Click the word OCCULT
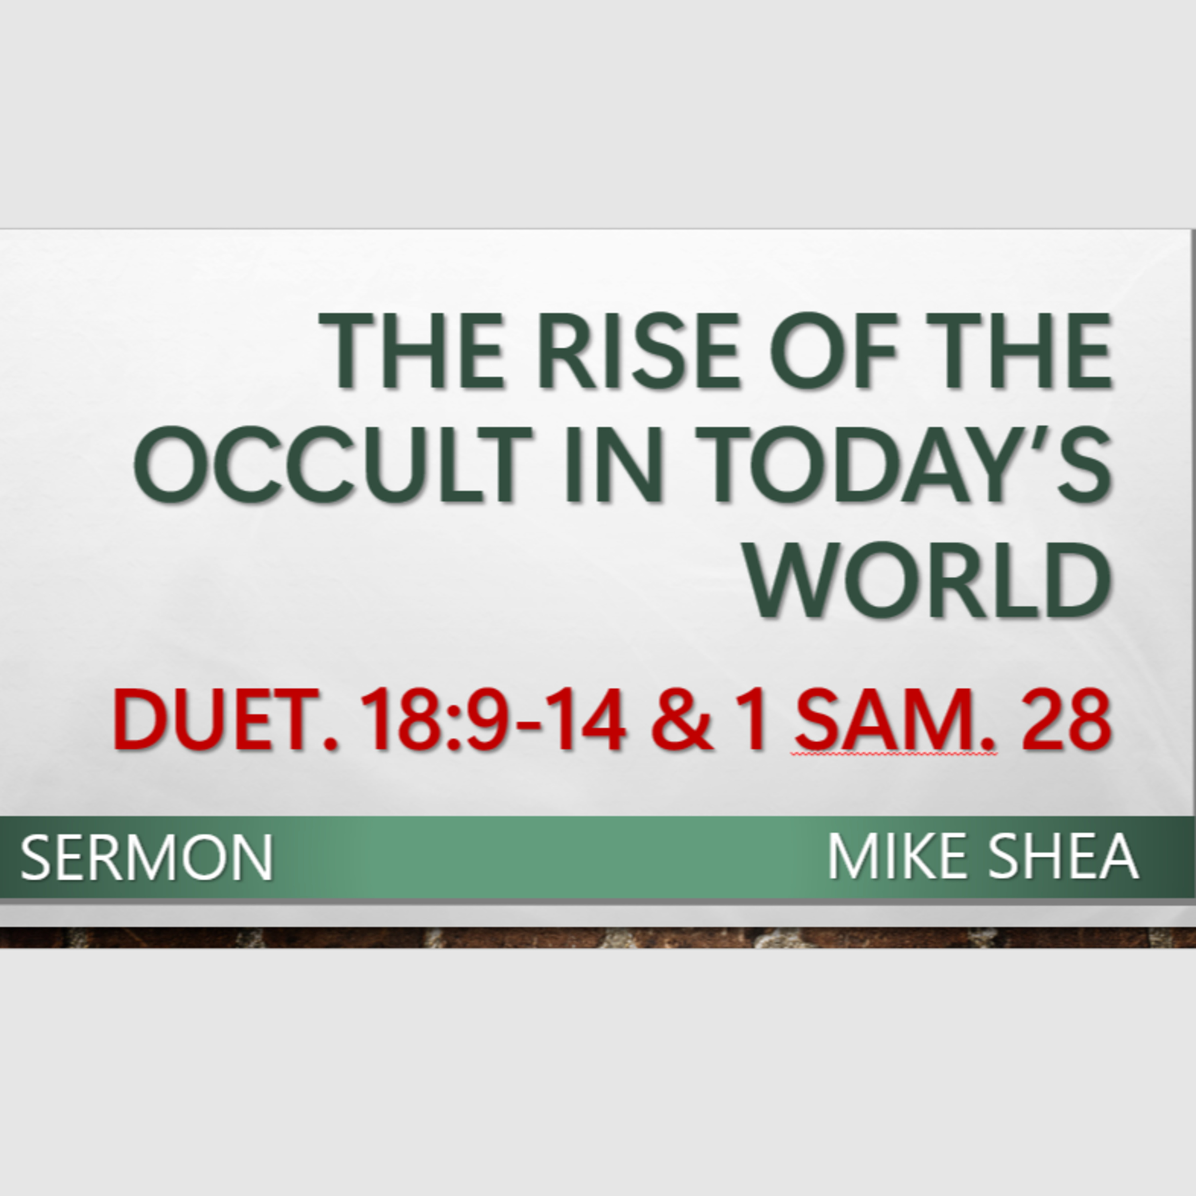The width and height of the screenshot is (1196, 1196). click(x=333, y=464)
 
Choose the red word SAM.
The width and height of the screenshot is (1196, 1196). click(x=896, y=720)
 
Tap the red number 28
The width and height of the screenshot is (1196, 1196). click(x=1066, y=720)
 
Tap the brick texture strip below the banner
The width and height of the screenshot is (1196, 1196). click(x=598, y=937)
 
